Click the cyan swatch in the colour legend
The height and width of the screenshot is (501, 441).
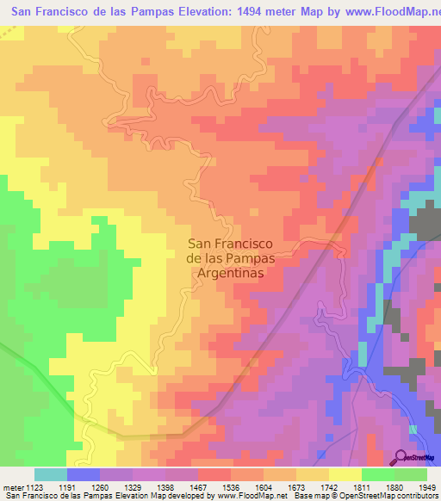click(x=51, y=474)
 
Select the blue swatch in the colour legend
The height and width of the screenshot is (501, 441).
click(x=84, y=474)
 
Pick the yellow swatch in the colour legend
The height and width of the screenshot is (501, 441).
click(x=345, y=474)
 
